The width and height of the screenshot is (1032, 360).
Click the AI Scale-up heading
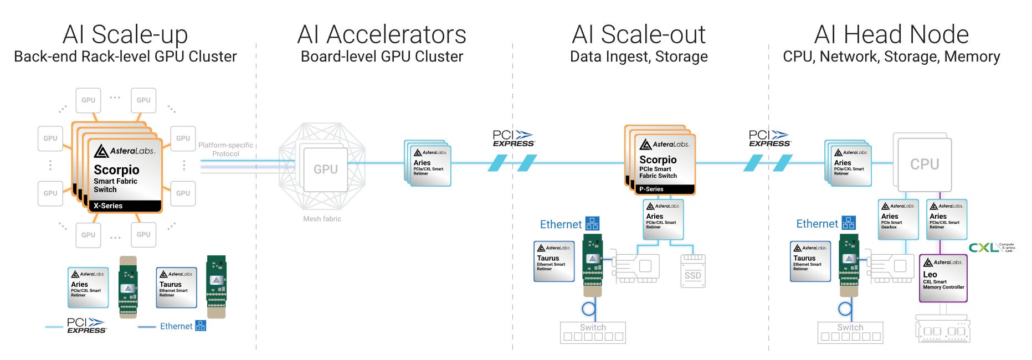(x=125, y=34)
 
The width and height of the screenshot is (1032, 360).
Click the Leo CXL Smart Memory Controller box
(x=943, y=278)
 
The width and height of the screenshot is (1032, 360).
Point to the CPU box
(x=924, y=164)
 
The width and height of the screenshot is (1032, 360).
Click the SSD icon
(x=692, y=271)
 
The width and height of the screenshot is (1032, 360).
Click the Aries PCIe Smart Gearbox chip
(x=897, y=219)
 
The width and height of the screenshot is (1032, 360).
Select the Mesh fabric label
(x=322, y=219)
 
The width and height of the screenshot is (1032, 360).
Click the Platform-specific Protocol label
(x=225, y=150)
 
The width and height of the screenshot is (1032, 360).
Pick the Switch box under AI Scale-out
(x=593, y=332)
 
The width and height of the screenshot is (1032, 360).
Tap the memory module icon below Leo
(x=943, y=330)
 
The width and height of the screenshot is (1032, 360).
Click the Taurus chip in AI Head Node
(x=809, y=261)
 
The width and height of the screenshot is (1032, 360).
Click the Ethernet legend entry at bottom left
(x=176, y=326)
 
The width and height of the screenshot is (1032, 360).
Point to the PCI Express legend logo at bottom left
(x=86, y=326)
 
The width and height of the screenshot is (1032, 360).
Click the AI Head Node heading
(x=891, y=34)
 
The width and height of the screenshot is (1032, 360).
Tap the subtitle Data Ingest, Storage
(x=639, y=56)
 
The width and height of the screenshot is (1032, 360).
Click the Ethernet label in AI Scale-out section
(x=561, y=224)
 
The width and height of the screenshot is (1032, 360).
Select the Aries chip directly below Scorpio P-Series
(x=663, y=219)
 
